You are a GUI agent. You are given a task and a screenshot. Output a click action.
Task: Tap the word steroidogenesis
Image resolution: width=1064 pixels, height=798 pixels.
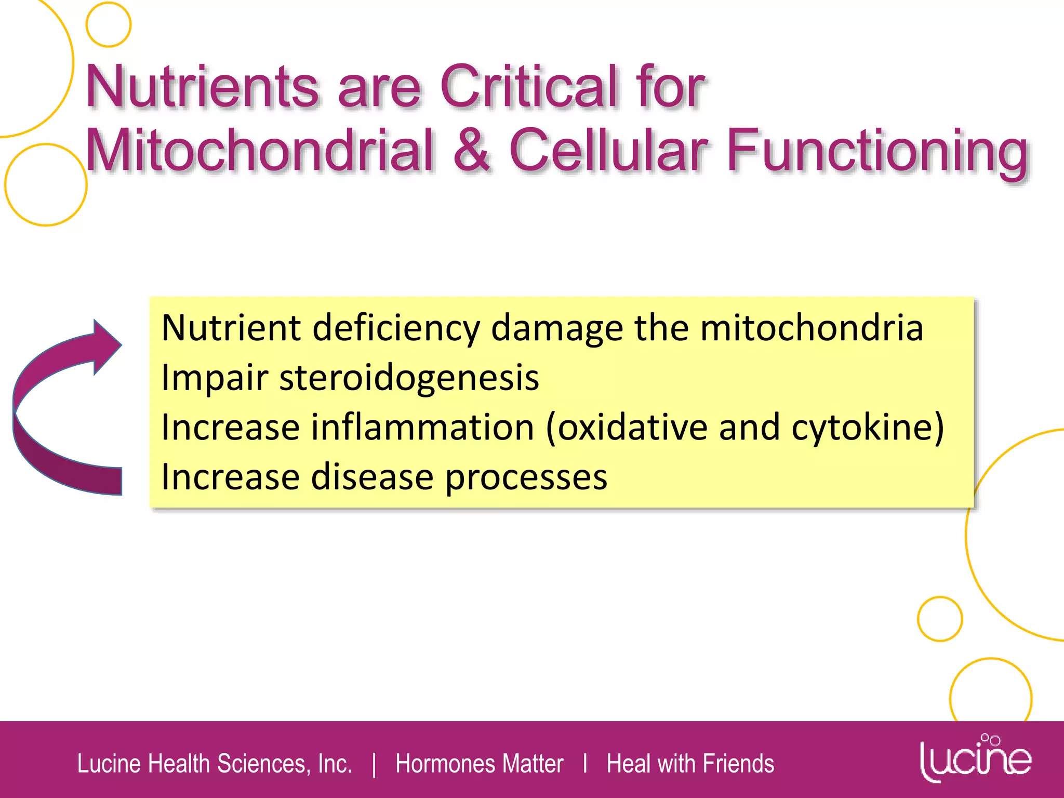(x=409, y=377)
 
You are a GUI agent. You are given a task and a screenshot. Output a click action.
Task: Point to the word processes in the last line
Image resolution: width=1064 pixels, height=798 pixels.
(x=526, y=477)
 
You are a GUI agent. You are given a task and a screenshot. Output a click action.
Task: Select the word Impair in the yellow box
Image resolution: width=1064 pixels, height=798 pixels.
(x=214, y=378)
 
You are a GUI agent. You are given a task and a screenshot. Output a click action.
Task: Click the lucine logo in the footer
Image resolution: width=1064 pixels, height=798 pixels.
(x=975, y=759)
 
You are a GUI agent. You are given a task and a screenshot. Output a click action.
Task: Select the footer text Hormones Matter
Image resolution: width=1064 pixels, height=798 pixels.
(x=479, y=764)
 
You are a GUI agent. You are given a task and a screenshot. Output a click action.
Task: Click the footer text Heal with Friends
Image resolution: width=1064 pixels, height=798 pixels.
(x=690, y=764)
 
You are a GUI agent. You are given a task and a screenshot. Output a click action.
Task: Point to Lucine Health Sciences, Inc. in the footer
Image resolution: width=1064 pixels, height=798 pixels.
(x=215, y=764)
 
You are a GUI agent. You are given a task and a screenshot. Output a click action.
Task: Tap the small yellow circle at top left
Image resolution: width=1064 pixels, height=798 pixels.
(x=108, y=24)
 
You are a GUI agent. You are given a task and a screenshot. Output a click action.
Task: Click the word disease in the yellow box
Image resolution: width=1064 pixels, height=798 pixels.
(x=371, y=477)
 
